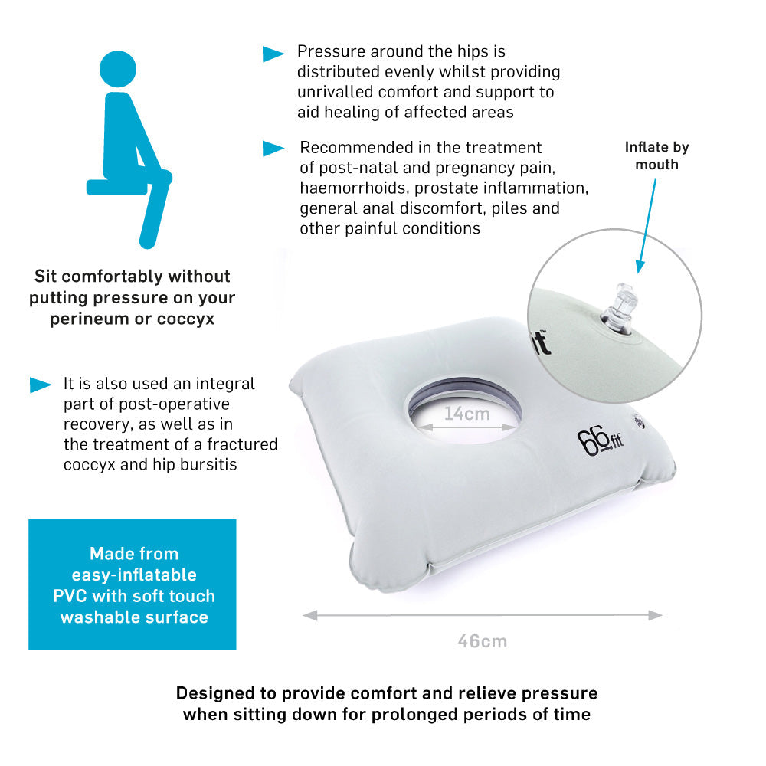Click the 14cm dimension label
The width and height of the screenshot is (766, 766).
[466, 414]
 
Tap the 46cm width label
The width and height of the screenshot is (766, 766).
[483, 641]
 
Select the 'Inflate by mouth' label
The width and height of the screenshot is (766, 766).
[656, 155]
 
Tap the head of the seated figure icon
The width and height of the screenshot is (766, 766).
[118, 70]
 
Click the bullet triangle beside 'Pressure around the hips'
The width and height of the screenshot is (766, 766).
[273, 54]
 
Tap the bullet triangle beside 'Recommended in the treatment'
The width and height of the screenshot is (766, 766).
[273, 149]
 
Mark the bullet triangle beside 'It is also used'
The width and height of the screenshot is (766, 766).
[41, 385]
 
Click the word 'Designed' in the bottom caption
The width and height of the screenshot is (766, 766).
[214, 693]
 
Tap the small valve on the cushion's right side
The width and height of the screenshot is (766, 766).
[639, 421]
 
